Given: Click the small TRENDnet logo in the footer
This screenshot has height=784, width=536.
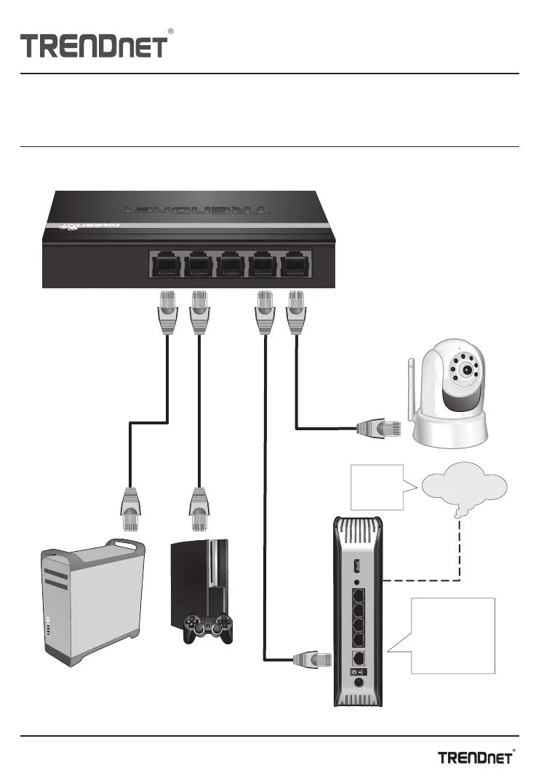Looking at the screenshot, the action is pyautogui.click(x=478, y=757).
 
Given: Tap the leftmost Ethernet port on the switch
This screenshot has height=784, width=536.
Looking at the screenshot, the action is pyautogui.click(x=164, y=264).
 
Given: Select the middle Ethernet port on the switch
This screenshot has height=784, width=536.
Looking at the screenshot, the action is pyautogui.click(x=230, y=264).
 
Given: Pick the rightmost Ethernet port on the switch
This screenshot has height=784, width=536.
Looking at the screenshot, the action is pyautogui.click(x=295, y=264).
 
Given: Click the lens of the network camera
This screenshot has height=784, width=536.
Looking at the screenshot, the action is pyautogui.click(x=463, y=368).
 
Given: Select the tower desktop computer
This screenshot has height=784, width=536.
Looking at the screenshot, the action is pyautogui.click(x=91, y=603).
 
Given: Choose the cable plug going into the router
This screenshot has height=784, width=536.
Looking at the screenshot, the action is pyautogui.click(x=308, y=660).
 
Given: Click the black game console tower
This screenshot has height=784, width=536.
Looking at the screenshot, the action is pyautogui.click(x=200, y=582).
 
